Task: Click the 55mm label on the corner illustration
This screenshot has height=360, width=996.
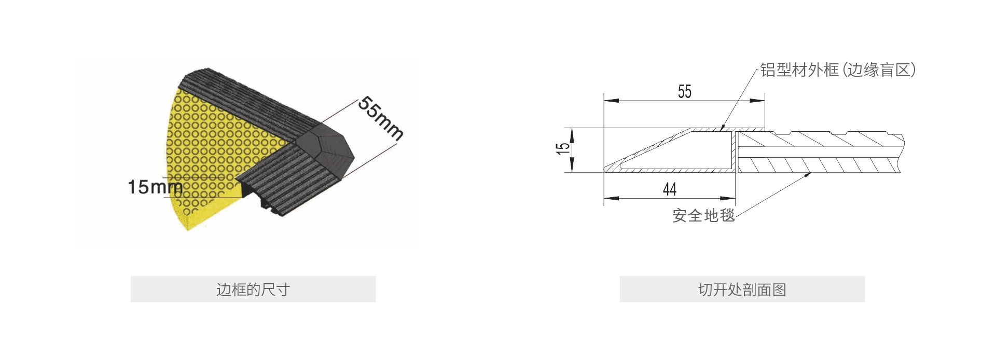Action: coord(381,118)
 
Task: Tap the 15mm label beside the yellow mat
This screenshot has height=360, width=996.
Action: coord(155,187)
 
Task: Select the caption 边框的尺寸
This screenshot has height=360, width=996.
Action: coord(253,289)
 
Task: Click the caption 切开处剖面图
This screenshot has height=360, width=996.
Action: coord(742,289)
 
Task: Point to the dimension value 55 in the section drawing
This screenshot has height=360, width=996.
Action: coord(685,92)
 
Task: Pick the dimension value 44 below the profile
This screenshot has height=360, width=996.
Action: coord(670,189)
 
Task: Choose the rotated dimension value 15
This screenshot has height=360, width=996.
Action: coord(563,149)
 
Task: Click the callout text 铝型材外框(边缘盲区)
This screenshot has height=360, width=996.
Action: coord(838,70)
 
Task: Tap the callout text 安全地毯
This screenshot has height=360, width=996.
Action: coord(703,215)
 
